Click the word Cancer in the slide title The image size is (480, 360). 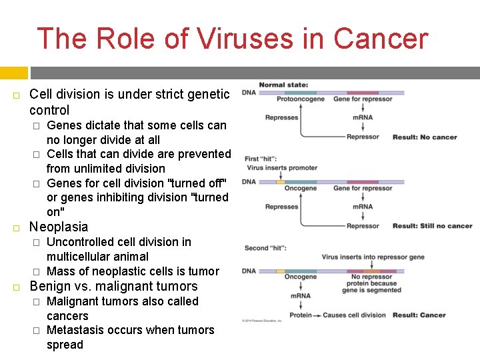click(x=380, y=39)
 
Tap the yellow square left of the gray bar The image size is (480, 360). click(x=13, y=73)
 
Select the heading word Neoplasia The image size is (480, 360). click(x=59, y=227)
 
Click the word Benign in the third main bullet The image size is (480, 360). click(x=51, y=287)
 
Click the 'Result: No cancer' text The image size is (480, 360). click(x=425, y=137)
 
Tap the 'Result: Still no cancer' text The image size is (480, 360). click(x=432, y=226)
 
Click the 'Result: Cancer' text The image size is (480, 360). click(x=419, y=315)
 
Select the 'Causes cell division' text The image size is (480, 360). click(x=355, y=315)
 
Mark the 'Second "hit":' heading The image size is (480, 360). click(x=266, y=248)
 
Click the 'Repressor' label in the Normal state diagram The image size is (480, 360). click(x=363, y=137)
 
